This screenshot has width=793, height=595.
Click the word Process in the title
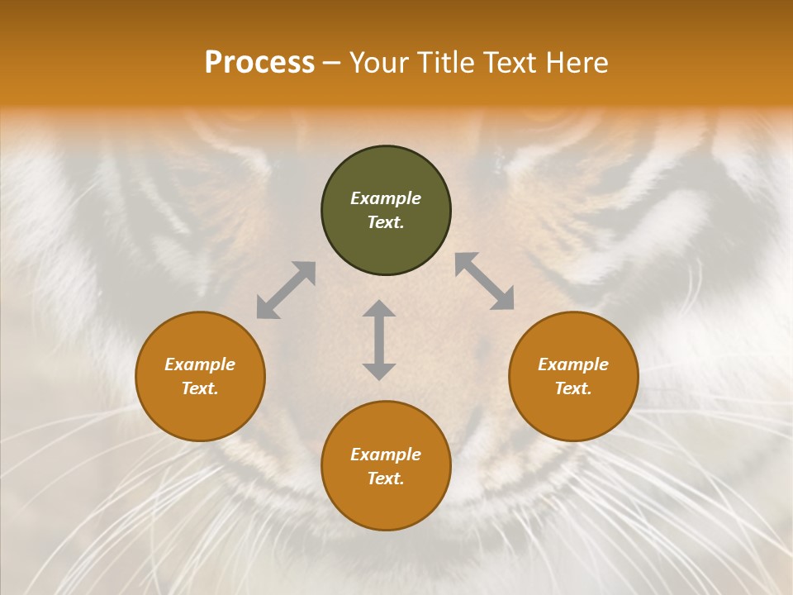[259, 63]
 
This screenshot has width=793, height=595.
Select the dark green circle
[386, 169]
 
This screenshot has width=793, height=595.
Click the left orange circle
[200, 413]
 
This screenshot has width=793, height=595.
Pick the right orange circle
[573, 413]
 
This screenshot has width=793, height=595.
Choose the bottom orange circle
[386, 504]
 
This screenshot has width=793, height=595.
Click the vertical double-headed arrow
[379, 340]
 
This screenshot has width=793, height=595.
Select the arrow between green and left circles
[286, 290]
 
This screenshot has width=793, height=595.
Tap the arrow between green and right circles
[484, 281]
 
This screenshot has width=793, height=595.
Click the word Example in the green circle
[386, 198]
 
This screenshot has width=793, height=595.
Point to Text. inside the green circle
[386, 222]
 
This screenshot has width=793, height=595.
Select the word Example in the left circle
[200, 364]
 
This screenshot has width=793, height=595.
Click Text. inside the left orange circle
[200, 388]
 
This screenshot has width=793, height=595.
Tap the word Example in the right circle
[573, 364]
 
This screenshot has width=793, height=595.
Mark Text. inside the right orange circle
[573, 388]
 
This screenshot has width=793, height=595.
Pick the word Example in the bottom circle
[386, 455]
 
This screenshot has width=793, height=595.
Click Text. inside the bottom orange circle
[386, 478]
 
